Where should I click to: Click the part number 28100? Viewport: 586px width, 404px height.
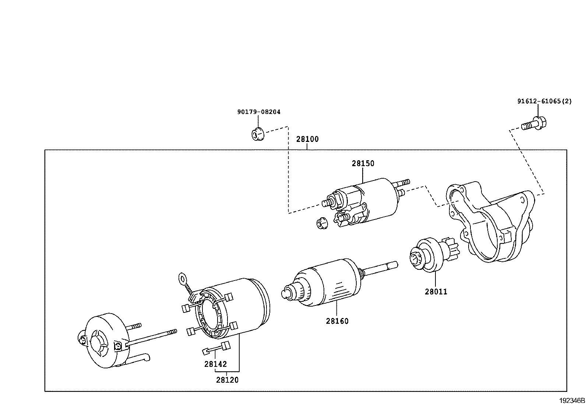point(307,139)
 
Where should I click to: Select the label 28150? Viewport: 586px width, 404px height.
point(363,164)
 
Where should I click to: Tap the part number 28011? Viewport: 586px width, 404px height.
point(436,292)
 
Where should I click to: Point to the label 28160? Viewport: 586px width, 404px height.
point(337,321)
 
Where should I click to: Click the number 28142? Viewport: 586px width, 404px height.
point(216,364)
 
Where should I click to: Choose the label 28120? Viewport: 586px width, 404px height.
point(227,380)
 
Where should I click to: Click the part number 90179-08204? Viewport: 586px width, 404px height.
point(258,112)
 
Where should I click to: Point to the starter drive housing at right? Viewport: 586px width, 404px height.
point(490,224)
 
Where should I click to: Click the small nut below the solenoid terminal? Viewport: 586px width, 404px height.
point(322,223)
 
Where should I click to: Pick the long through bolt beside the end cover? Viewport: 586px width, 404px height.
point(151,337)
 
